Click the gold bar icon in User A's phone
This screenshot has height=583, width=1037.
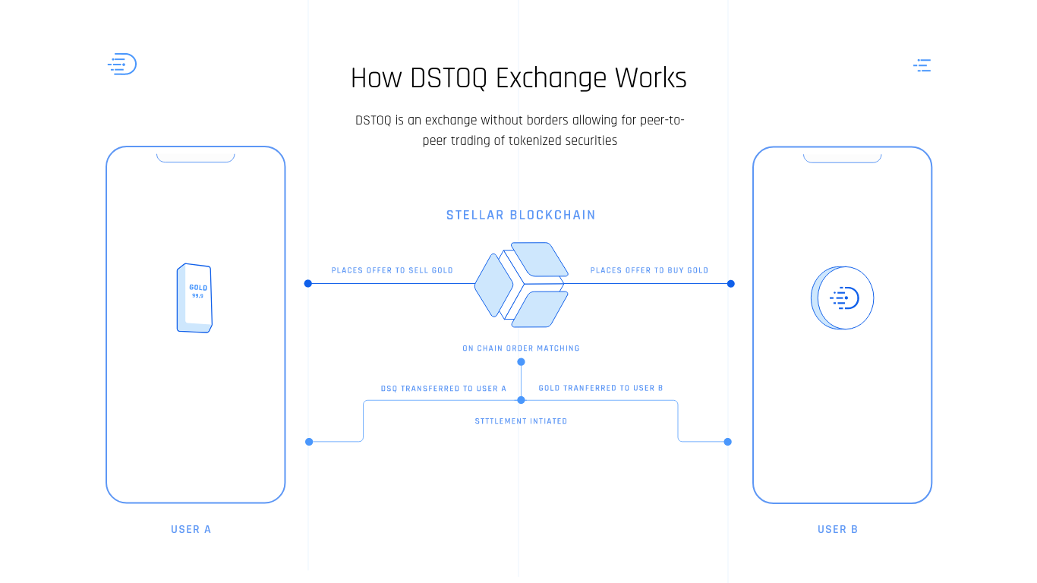click(x=194, y=298)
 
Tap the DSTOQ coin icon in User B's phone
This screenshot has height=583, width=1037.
click(x=843, y=298)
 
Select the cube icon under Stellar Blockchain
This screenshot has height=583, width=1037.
click(x=522, y=285)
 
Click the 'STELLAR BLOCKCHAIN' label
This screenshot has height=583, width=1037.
click(x=521, y=216)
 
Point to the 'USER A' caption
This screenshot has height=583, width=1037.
click(x=191, y=529)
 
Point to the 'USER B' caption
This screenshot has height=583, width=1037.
click(x=838, y=529)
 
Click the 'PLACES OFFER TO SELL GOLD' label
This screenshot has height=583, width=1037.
click(x=392, y=270)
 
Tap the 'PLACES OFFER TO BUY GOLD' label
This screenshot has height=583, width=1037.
click(x=649, y=270)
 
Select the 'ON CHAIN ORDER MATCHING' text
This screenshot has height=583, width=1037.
click(x=521, y=348)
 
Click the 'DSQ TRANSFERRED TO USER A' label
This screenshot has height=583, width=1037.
click(x=443, y=389)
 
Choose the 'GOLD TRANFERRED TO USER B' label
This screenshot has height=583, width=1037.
click(x=600, y=388)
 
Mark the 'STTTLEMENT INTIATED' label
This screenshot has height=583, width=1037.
click(x=521, y=421)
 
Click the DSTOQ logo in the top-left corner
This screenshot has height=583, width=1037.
click(x=122, y=65)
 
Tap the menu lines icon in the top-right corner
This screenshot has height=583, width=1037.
click(x=922, y=65)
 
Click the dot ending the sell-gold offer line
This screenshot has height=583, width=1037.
click(x=308, y=284)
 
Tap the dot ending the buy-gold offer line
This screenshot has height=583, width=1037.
click(x=730, y=284)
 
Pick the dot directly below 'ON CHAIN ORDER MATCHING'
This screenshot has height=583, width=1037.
click(x=521, y=362)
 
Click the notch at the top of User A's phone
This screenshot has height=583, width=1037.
click(x=196, y=158)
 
